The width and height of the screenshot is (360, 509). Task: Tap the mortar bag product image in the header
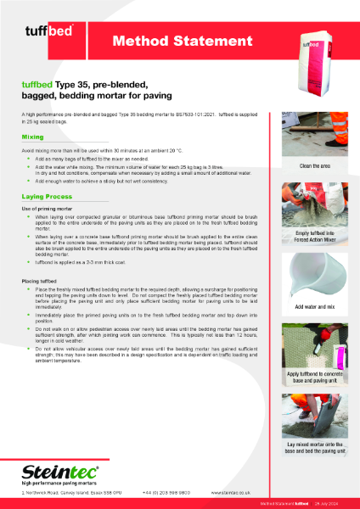click(313, 51)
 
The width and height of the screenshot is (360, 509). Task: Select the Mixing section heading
click(34, 136)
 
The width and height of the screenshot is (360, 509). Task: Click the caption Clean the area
click(314, 165)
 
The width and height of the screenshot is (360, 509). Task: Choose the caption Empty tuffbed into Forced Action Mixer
click(314, 238)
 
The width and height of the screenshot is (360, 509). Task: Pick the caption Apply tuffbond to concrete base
click(314, 378)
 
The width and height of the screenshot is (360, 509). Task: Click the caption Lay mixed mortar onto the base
click(314, 448)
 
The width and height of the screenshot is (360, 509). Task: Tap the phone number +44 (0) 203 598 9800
click(166, 491)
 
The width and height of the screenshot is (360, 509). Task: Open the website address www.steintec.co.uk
click(232, 491)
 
